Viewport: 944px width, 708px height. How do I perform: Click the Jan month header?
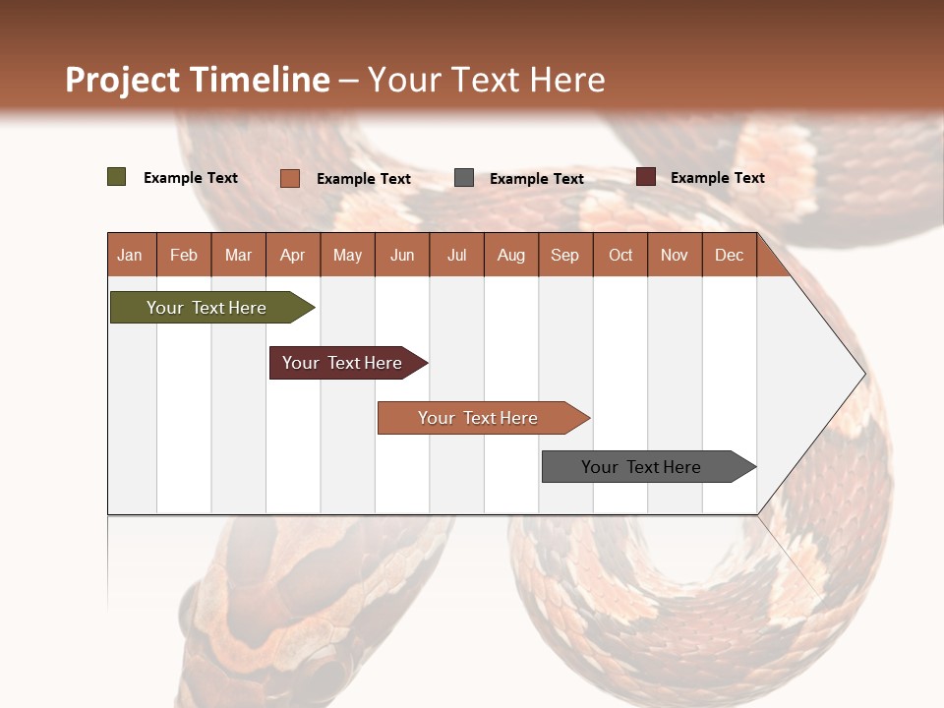(130, 255)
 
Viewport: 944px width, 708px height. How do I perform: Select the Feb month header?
(184, 255)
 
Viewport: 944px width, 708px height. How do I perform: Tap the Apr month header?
(292, 255)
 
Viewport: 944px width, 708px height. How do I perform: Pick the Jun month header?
(402, 255)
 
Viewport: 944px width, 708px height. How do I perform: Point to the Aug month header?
(510, 255)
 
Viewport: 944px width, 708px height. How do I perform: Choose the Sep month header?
(564, 255)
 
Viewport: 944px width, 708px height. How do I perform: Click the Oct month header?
(620, 255)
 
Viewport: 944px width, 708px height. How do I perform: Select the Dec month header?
(729, 255)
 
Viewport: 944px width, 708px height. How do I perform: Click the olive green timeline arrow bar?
(206, 308)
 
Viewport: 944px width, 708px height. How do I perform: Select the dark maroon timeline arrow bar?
(342, 363)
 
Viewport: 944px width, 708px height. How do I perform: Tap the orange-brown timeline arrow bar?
(478, 418)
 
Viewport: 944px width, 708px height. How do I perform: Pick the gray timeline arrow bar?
(641, 467)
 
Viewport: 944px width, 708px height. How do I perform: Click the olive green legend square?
(116, 177)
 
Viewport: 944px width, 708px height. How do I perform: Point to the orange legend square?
(289, 178)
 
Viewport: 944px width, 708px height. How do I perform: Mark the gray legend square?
(464, 178)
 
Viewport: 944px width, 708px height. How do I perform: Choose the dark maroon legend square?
(645, 177)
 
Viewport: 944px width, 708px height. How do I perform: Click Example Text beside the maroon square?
(717, 178)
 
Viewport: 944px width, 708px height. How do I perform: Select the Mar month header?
(238, 255)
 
